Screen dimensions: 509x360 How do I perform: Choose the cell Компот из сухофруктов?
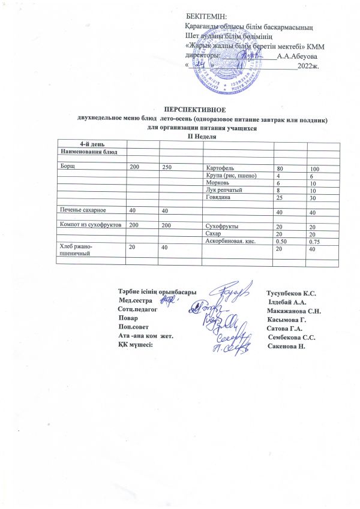tap(89, 224)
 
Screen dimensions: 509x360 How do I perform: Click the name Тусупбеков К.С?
tap(290, 293)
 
